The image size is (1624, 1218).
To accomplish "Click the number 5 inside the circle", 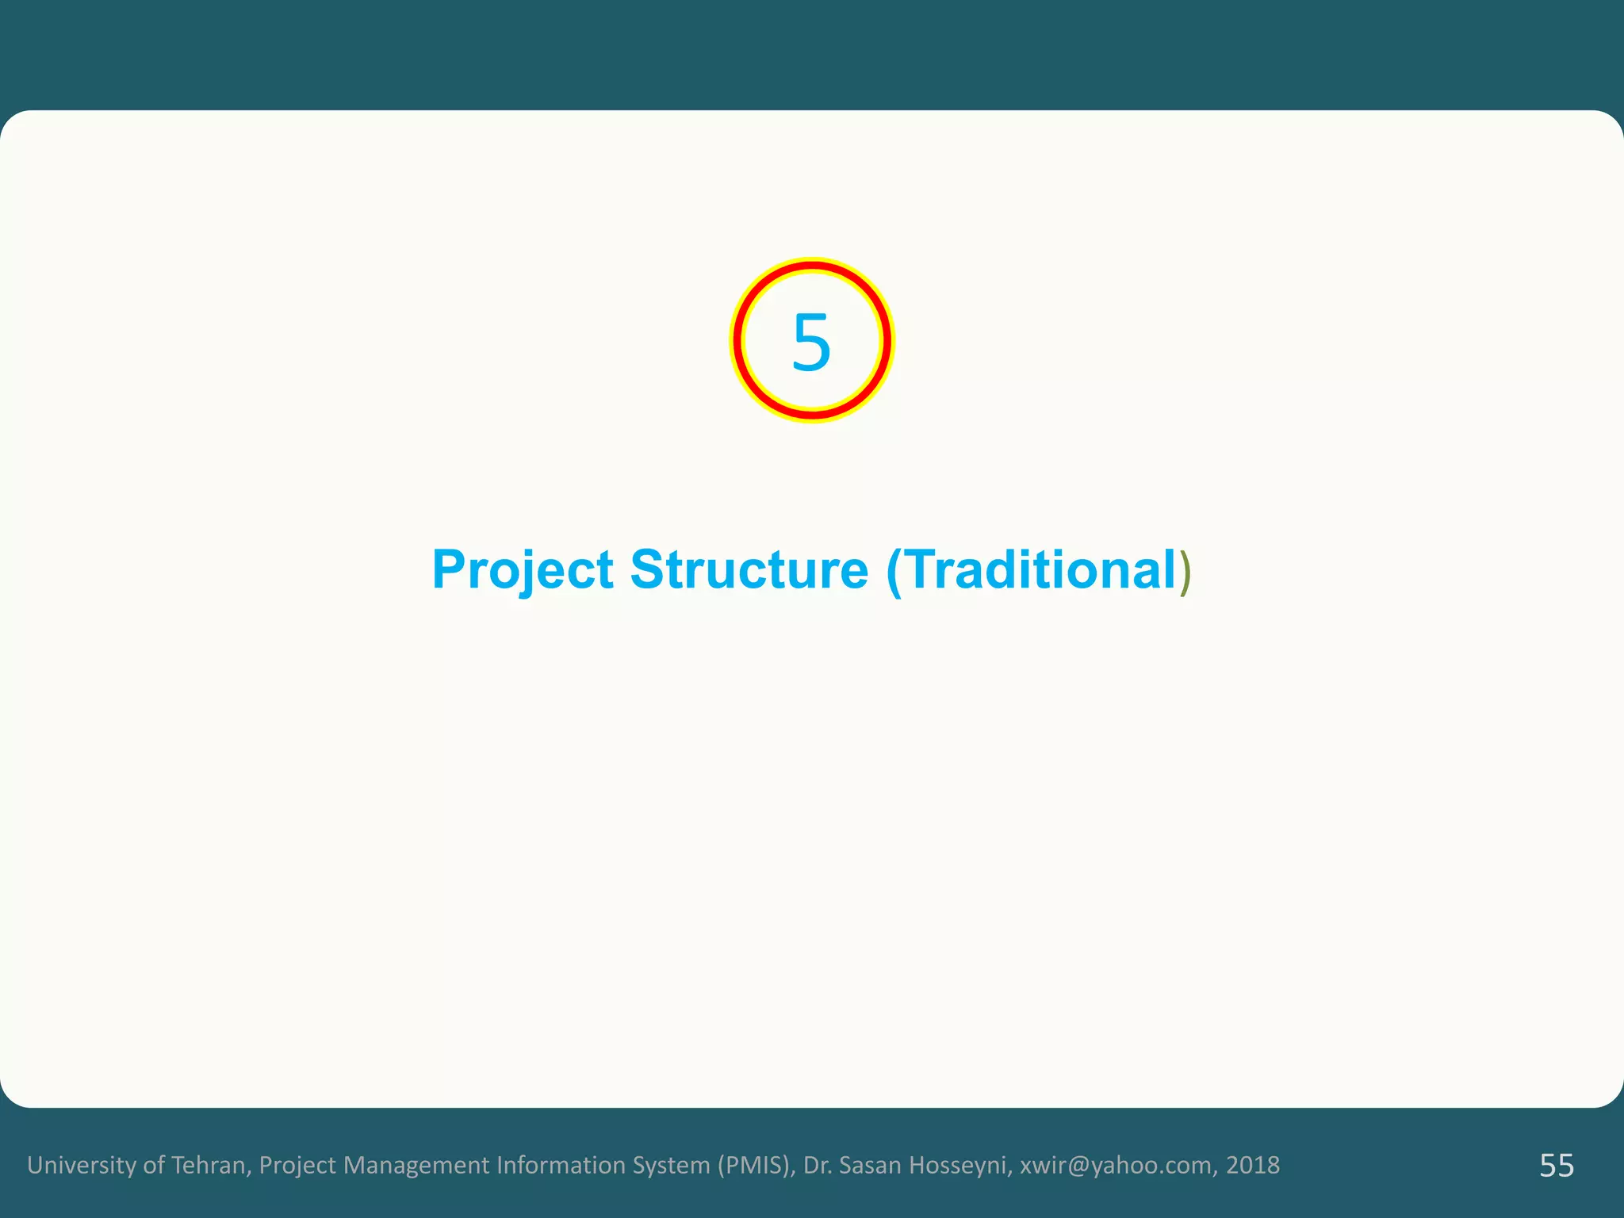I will coord(811,342).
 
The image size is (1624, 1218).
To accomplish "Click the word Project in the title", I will coord(523,570).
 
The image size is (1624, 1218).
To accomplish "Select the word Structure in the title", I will coord(749,570).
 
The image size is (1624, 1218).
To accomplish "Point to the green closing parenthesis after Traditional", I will coord(1185,572).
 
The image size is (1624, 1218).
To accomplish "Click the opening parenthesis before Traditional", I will coord(894,572).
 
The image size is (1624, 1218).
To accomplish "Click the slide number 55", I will coord(1557,1166).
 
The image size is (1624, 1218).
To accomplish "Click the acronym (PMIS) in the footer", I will coord(756,1165).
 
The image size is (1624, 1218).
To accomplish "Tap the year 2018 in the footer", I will coord(1253,1165).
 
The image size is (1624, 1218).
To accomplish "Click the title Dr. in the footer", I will coord(818,1165).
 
